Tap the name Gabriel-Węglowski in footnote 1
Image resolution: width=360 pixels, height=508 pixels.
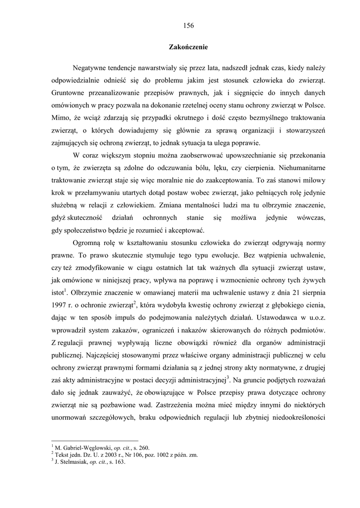(87, 447)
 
